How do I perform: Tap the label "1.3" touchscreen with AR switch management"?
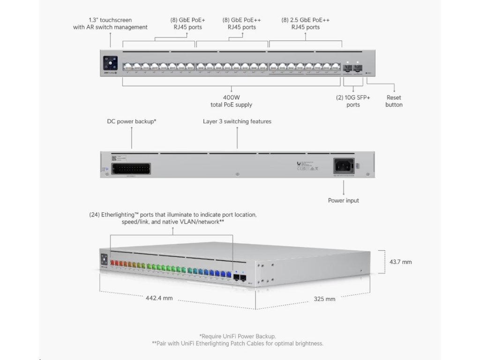110,23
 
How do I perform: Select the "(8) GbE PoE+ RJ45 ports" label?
187,23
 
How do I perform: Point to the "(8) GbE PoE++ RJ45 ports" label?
242,23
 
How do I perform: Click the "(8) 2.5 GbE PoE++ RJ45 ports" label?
305,23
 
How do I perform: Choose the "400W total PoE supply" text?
231,101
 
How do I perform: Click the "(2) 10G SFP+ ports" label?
353,101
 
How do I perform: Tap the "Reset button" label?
394,101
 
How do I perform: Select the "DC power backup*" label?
132,121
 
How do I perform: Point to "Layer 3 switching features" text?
237,121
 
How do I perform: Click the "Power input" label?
344,201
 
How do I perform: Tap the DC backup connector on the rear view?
132,166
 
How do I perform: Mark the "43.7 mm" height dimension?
401,262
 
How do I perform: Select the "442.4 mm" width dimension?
159,298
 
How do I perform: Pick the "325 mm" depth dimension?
324,299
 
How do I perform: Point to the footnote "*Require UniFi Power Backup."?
238,336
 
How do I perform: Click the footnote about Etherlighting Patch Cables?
238,344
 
